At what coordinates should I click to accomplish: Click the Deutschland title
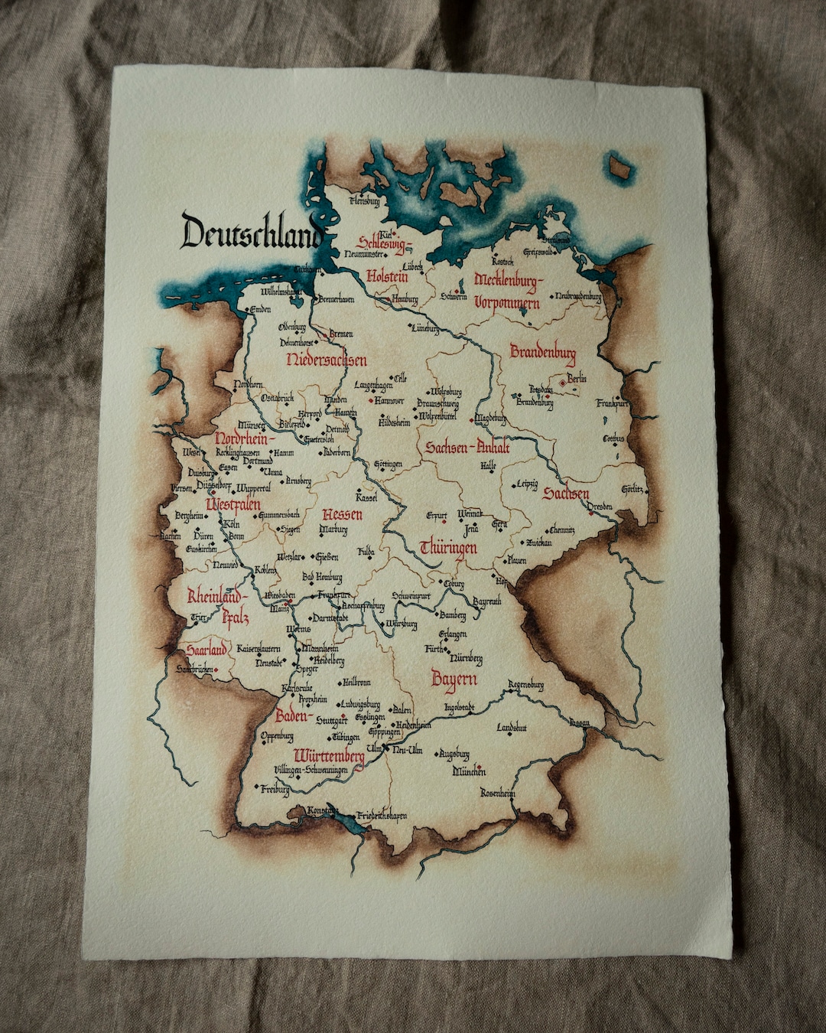[x=251, y=232]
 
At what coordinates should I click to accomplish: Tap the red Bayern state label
[x=454, y=679]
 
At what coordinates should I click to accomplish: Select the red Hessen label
[x=342, y=514]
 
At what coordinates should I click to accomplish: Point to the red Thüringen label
[x=448, y=548]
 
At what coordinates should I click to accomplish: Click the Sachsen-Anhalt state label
[x=467, y=448]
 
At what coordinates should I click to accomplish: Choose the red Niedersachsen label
[x=327, y=360]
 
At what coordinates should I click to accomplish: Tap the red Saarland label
[x=206, y=650]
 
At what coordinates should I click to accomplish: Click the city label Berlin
[x=577, y=379]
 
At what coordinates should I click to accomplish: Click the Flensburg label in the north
[x=364, y=202]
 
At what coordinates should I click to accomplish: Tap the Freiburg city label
[x=275, y=789]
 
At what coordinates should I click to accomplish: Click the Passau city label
[x=579, y=722]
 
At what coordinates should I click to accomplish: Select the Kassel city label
[x=366, y=497]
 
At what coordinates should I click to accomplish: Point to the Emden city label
[x=261, y=309]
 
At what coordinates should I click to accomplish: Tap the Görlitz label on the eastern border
[x=632, y=489]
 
